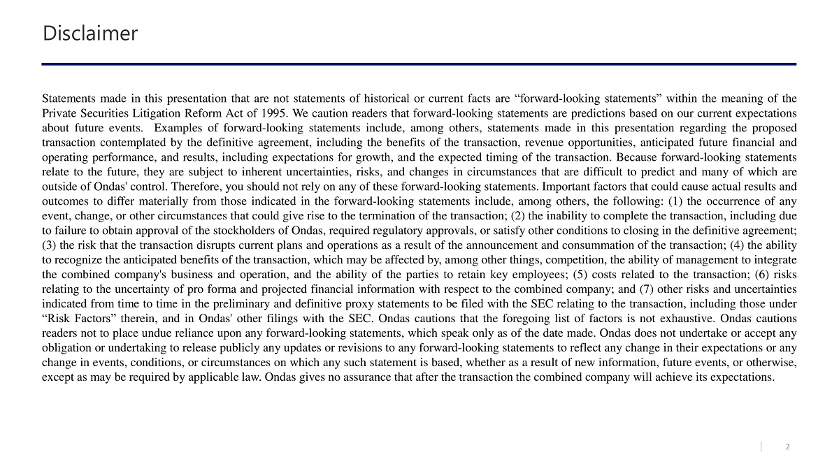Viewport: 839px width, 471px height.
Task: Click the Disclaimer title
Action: click(90, 33)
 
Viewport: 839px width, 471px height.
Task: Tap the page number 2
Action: click(788, 447)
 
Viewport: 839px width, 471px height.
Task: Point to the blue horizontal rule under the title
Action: click(419, 64)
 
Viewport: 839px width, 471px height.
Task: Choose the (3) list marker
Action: click(50, 245)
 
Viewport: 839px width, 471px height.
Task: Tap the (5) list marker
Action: click(582, 275)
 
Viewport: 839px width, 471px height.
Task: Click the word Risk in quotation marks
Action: click(62, 319)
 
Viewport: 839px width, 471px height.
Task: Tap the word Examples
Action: click(177, 128)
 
